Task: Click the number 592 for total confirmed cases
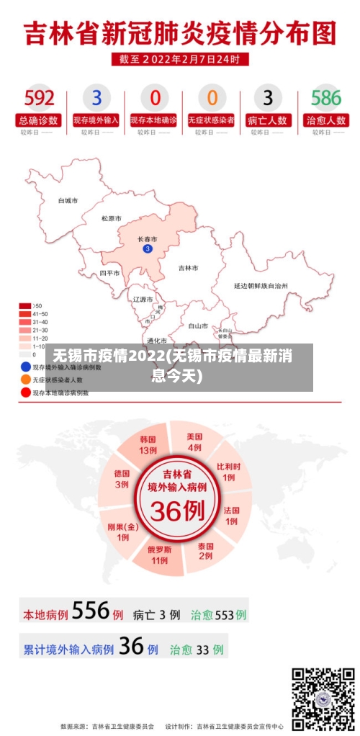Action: pos(39,97)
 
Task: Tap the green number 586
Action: pos(325,97)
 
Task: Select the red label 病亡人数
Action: pos(269,120)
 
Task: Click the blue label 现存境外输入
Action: pos(96,120)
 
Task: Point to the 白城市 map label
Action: pos(68,201)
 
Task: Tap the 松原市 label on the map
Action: pos(111,218)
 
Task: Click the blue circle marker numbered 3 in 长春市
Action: pos(148,249)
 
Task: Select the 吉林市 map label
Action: pos(188,268)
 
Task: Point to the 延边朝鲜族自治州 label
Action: pos(261,286)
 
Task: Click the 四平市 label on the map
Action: pos(109,274)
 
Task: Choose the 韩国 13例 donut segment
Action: pos(148,444)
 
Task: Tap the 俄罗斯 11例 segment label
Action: pos(159,554)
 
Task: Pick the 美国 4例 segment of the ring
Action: pos(194,441)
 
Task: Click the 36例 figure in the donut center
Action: pos(177,512)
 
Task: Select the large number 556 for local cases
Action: pos(91,611)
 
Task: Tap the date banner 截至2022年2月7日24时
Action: pos(180,59)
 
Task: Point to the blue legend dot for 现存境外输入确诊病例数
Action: pos(25,367)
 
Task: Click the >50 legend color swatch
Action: pos(25,306)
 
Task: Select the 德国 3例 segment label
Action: pos(122,478)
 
